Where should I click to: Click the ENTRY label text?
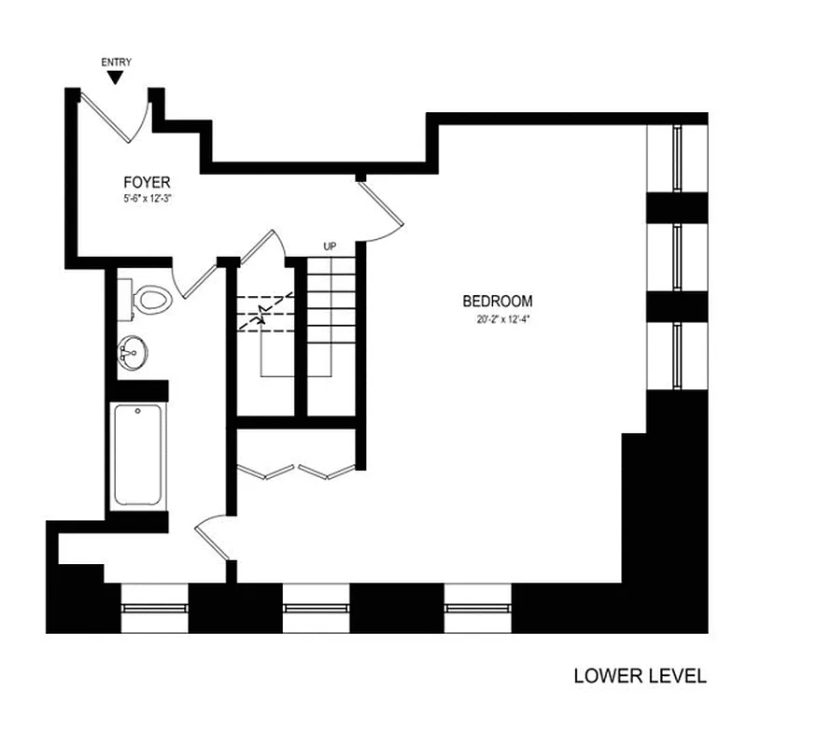click(x=116, y=63)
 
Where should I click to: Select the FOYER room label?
click(x=147, y=182)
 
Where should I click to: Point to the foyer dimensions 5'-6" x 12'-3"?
click(x=147, y=199)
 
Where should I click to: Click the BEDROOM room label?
click(x=498, y=302)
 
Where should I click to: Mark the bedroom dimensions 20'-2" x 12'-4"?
click(x=498, y=318)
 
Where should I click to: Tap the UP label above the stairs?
click(x=330, y=247)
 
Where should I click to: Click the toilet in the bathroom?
click(x=149, y=301)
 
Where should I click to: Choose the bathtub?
click(x=137, y=455)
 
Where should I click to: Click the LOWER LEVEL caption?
click(x=640, y=676)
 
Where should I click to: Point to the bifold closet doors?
click(x=298, y=470)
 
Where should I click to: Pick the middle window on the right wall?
click(x=677, y=258)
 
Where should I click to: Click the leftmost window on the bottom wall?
click(x=155, y=608)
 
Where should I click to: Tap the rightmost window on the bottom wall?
click(x=477, y=608)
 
